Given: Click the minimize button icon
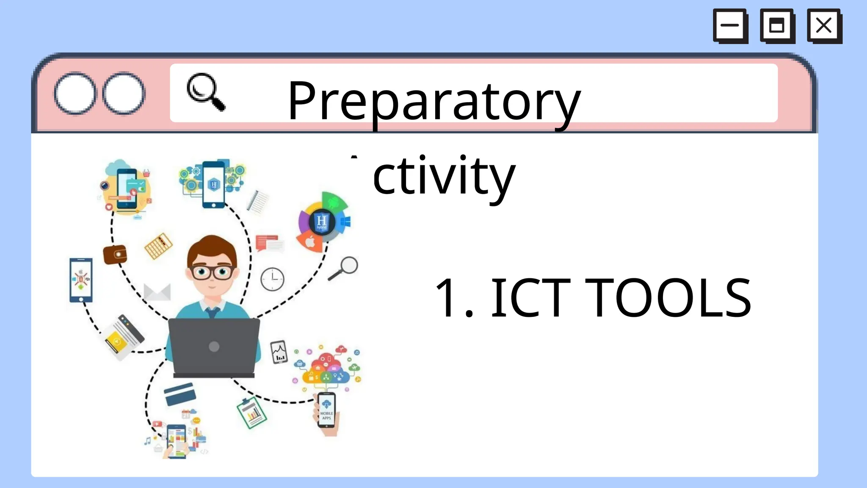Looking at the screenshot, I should point(730,25).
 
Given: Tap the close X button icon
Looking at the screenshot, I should point(824,25).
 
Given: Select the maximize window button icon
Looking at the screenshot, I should point(777,25).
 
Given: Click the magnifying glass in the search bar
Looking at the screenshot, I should point(205,92).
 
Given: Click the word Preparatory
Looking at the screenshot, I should point(434,102).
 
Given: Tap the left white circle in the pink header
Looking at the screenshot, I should point(75,93).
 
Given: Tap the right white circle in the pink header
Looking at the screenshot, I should point(124,93).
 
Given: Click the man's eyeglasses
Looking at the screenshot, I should point(212,272).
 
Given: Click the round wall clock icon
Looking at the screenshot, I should point(272,279).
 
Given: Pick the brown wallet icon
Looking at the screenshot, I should point(115,255).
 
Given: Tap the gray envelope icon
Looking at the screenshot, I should point(157,292).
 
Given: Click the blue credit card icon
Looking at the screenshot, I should point(180,394).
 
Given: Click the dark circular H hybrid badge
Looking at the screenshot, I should point(321,222).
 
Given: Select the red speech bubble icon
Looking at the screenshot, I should point(267,243).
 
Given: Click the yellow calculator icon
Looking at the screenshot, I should point(158,246).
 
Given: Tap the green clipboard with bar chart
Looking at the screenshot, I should point(252,413).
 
